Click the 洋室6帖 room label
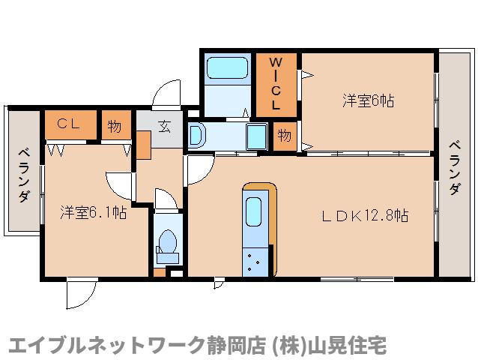point(369,100)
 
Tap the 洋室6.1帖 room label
point(93,212)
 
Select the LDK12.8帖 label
point(365,216)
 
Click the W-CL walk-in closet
point(276,83)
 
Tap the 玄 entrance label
point(164,125)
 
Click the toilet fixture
point(167,244)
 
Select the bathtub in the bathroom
point(228,69)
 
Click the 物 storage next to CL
point(114,125)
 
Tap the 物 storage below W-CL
point(284,135)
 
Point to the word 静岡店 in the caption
point(230,345)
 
